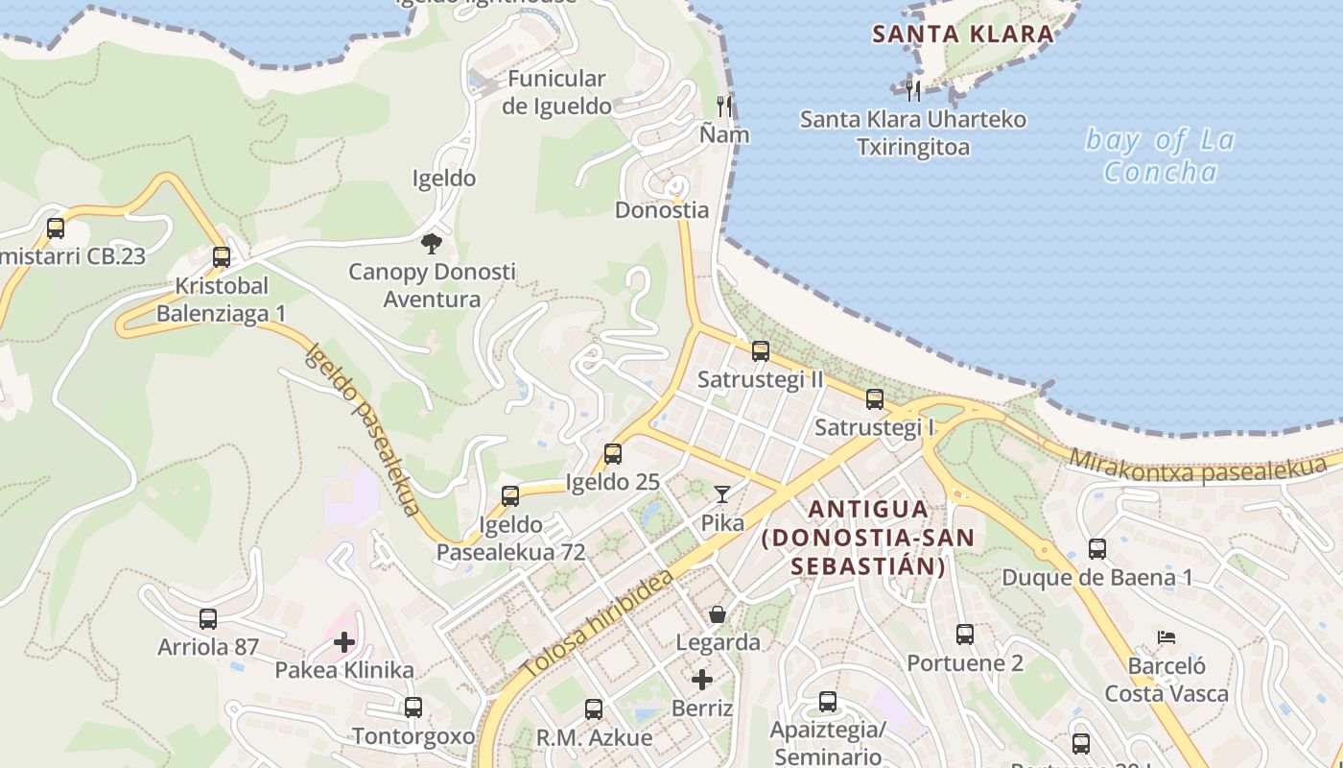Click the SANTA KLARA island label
point(962,35)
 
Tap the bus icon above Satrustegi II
point(761,351)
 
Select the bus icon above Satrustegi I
point(875,399)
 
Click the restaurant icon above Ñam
point(724,106)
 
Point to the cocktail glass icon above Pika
point(722,494)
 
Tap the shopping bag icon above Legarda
point(718,614)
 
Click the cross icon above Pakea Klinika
point(344,641)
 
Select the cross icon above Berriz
point(702,680)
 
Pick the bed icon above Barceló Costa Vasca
point(1166,636)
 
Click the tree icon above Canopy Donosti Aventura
point(432,243)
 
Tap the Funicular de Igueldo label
point(556,92)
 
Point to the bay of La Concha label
point(1160,156)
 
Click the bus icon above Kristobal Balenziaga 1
point(222,257)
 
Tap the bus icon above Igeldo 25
point(613,454)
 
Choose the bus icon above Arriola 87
point(208,619)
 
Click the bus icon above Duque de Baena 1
point(1097,549)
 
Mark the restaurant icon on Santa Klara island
point(913,91)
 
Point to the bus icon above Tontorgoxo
point(413,708)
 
